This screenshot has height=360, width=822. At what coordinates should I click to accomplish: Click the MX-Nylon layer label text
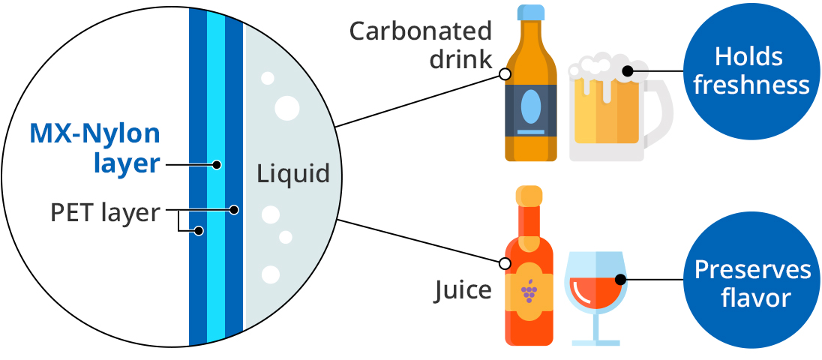[95, 148]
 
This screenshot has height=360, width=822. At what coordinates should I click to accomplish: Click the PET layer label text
[105, 213]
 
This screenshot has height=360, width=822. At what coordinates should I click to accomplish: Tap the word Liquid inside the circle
[293, 174]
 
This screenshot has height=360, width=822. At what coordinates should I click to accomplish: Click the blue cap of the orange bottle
[531, 12]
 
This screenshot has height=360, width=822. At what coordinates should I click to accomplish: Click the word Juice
[463, 289]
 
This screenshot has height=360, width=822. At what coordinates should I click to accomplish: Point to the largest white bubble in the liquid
[286, 107]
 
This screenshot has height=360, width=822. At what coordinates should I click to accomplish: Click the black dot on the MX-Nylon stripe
[216, 164]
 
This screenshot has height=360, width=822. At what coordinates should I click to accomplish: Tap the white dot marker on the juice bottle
[505, 263]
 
